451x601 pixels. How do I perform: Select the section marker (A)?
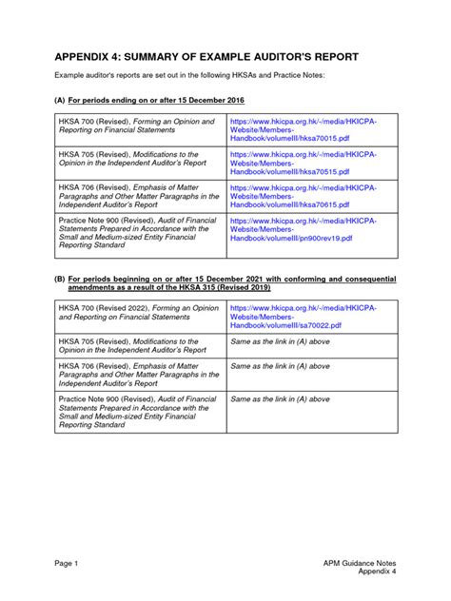[59, 99]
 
